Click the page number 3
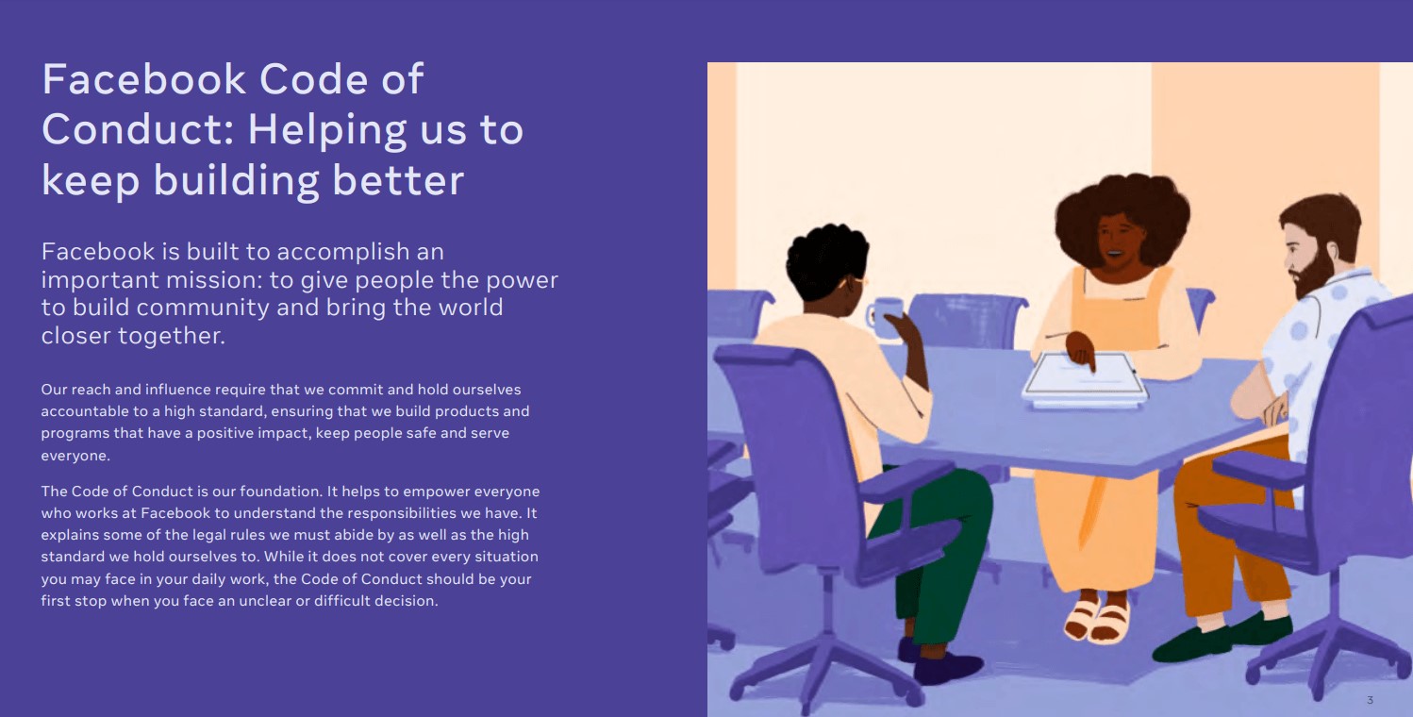(x=1370, y=700)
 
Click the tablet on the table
(x=1085, y=379)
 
